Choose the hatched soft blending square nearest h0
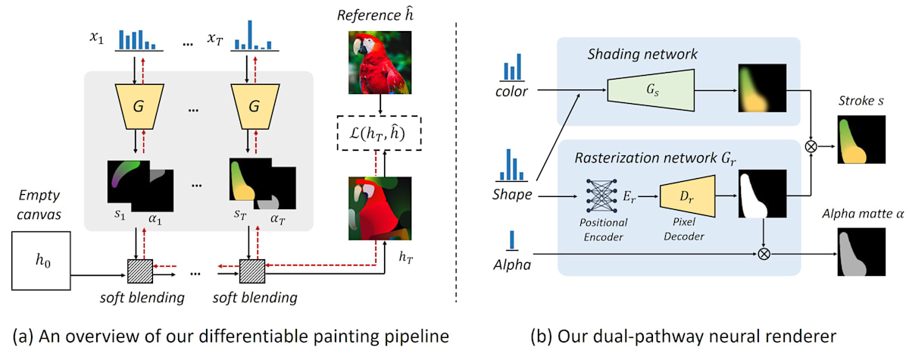click(x=139, y=268)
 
